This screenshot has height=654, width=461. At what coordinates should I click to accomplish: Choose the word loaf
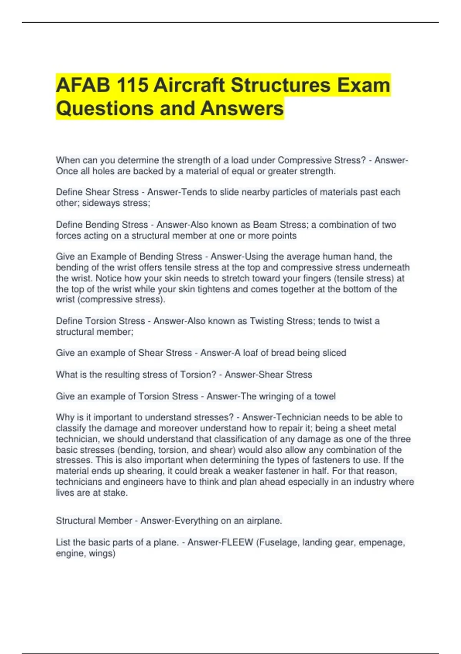point(251,353)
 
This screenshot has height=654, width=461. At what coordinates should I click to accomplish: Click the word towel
point(325,396)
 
